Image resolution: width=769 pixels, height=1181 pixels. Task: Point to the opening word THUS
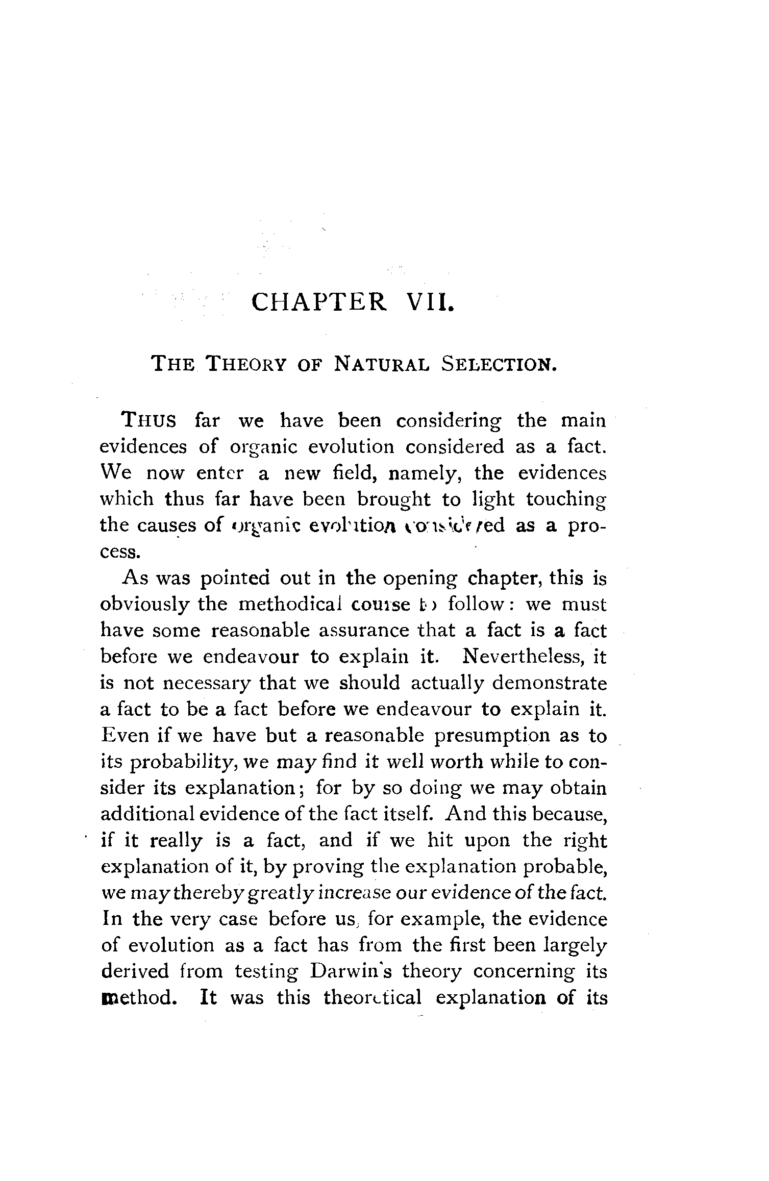click(148, 421)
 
